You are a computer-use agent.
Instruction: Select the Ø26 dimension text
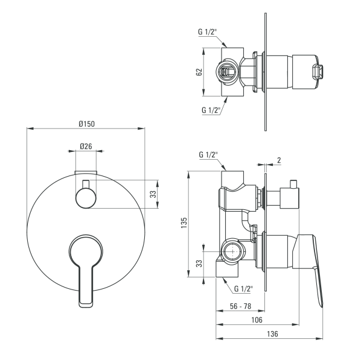pyautogui.click(x=85, y=147)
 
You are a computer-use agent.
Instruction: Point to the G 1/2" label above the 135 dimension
pyautogui.click(x=208, y=154)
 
